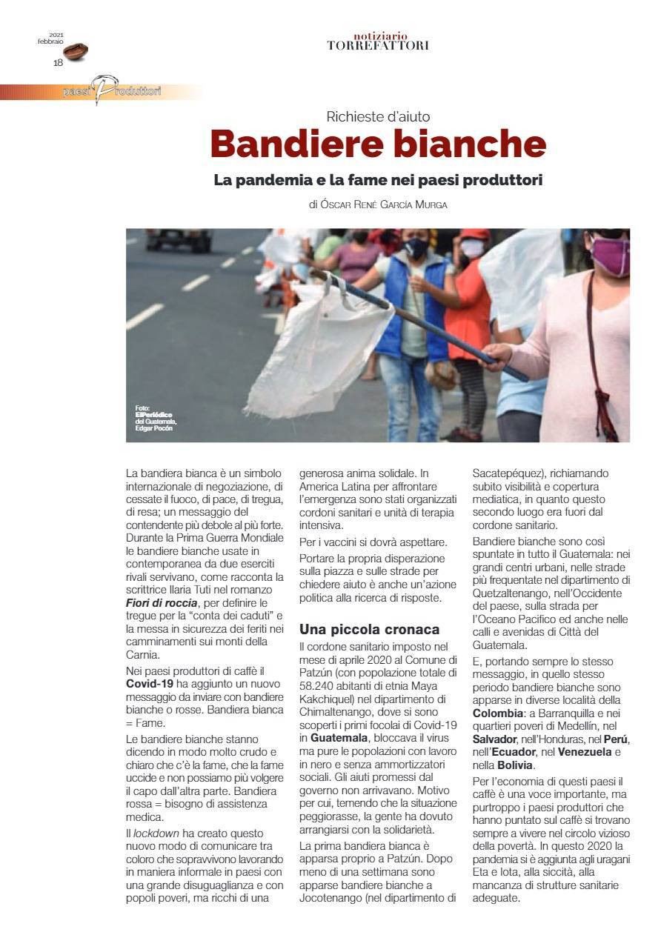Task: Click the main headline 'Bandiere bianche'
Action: tap(378, 144)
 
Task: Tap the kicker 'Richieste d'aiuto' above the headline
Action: tap(378, 116)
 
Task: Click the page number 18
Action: tap(58, 63)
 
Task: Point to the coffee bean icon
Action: tap(76, 52)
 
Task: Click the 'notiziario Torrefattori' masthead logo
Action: tap(378, 41)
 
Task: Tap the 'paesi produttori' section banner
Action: tap(111, 92)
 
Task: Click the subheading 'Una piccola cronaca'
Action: tap(369, 629)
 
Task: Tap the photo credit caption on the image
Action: tap(156, 418)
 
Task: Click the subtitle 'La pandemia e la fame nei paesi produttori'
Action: tap(378, 180)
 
